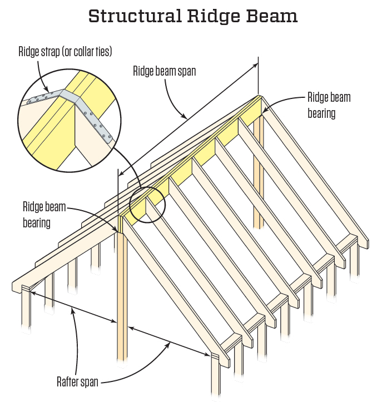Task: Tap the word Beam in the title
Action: [x=273, y=16]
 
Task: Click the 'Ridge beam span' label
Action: [x=164, y=71]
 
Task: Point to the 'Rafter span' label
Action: [x=78, y=382]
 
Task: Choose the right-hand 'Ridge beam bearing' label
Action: [x=329, y=105]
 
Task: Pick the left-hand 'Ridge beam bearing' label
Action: [x=44, y=215]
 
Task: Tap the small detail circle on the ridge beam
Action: [x=147, y=204]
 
